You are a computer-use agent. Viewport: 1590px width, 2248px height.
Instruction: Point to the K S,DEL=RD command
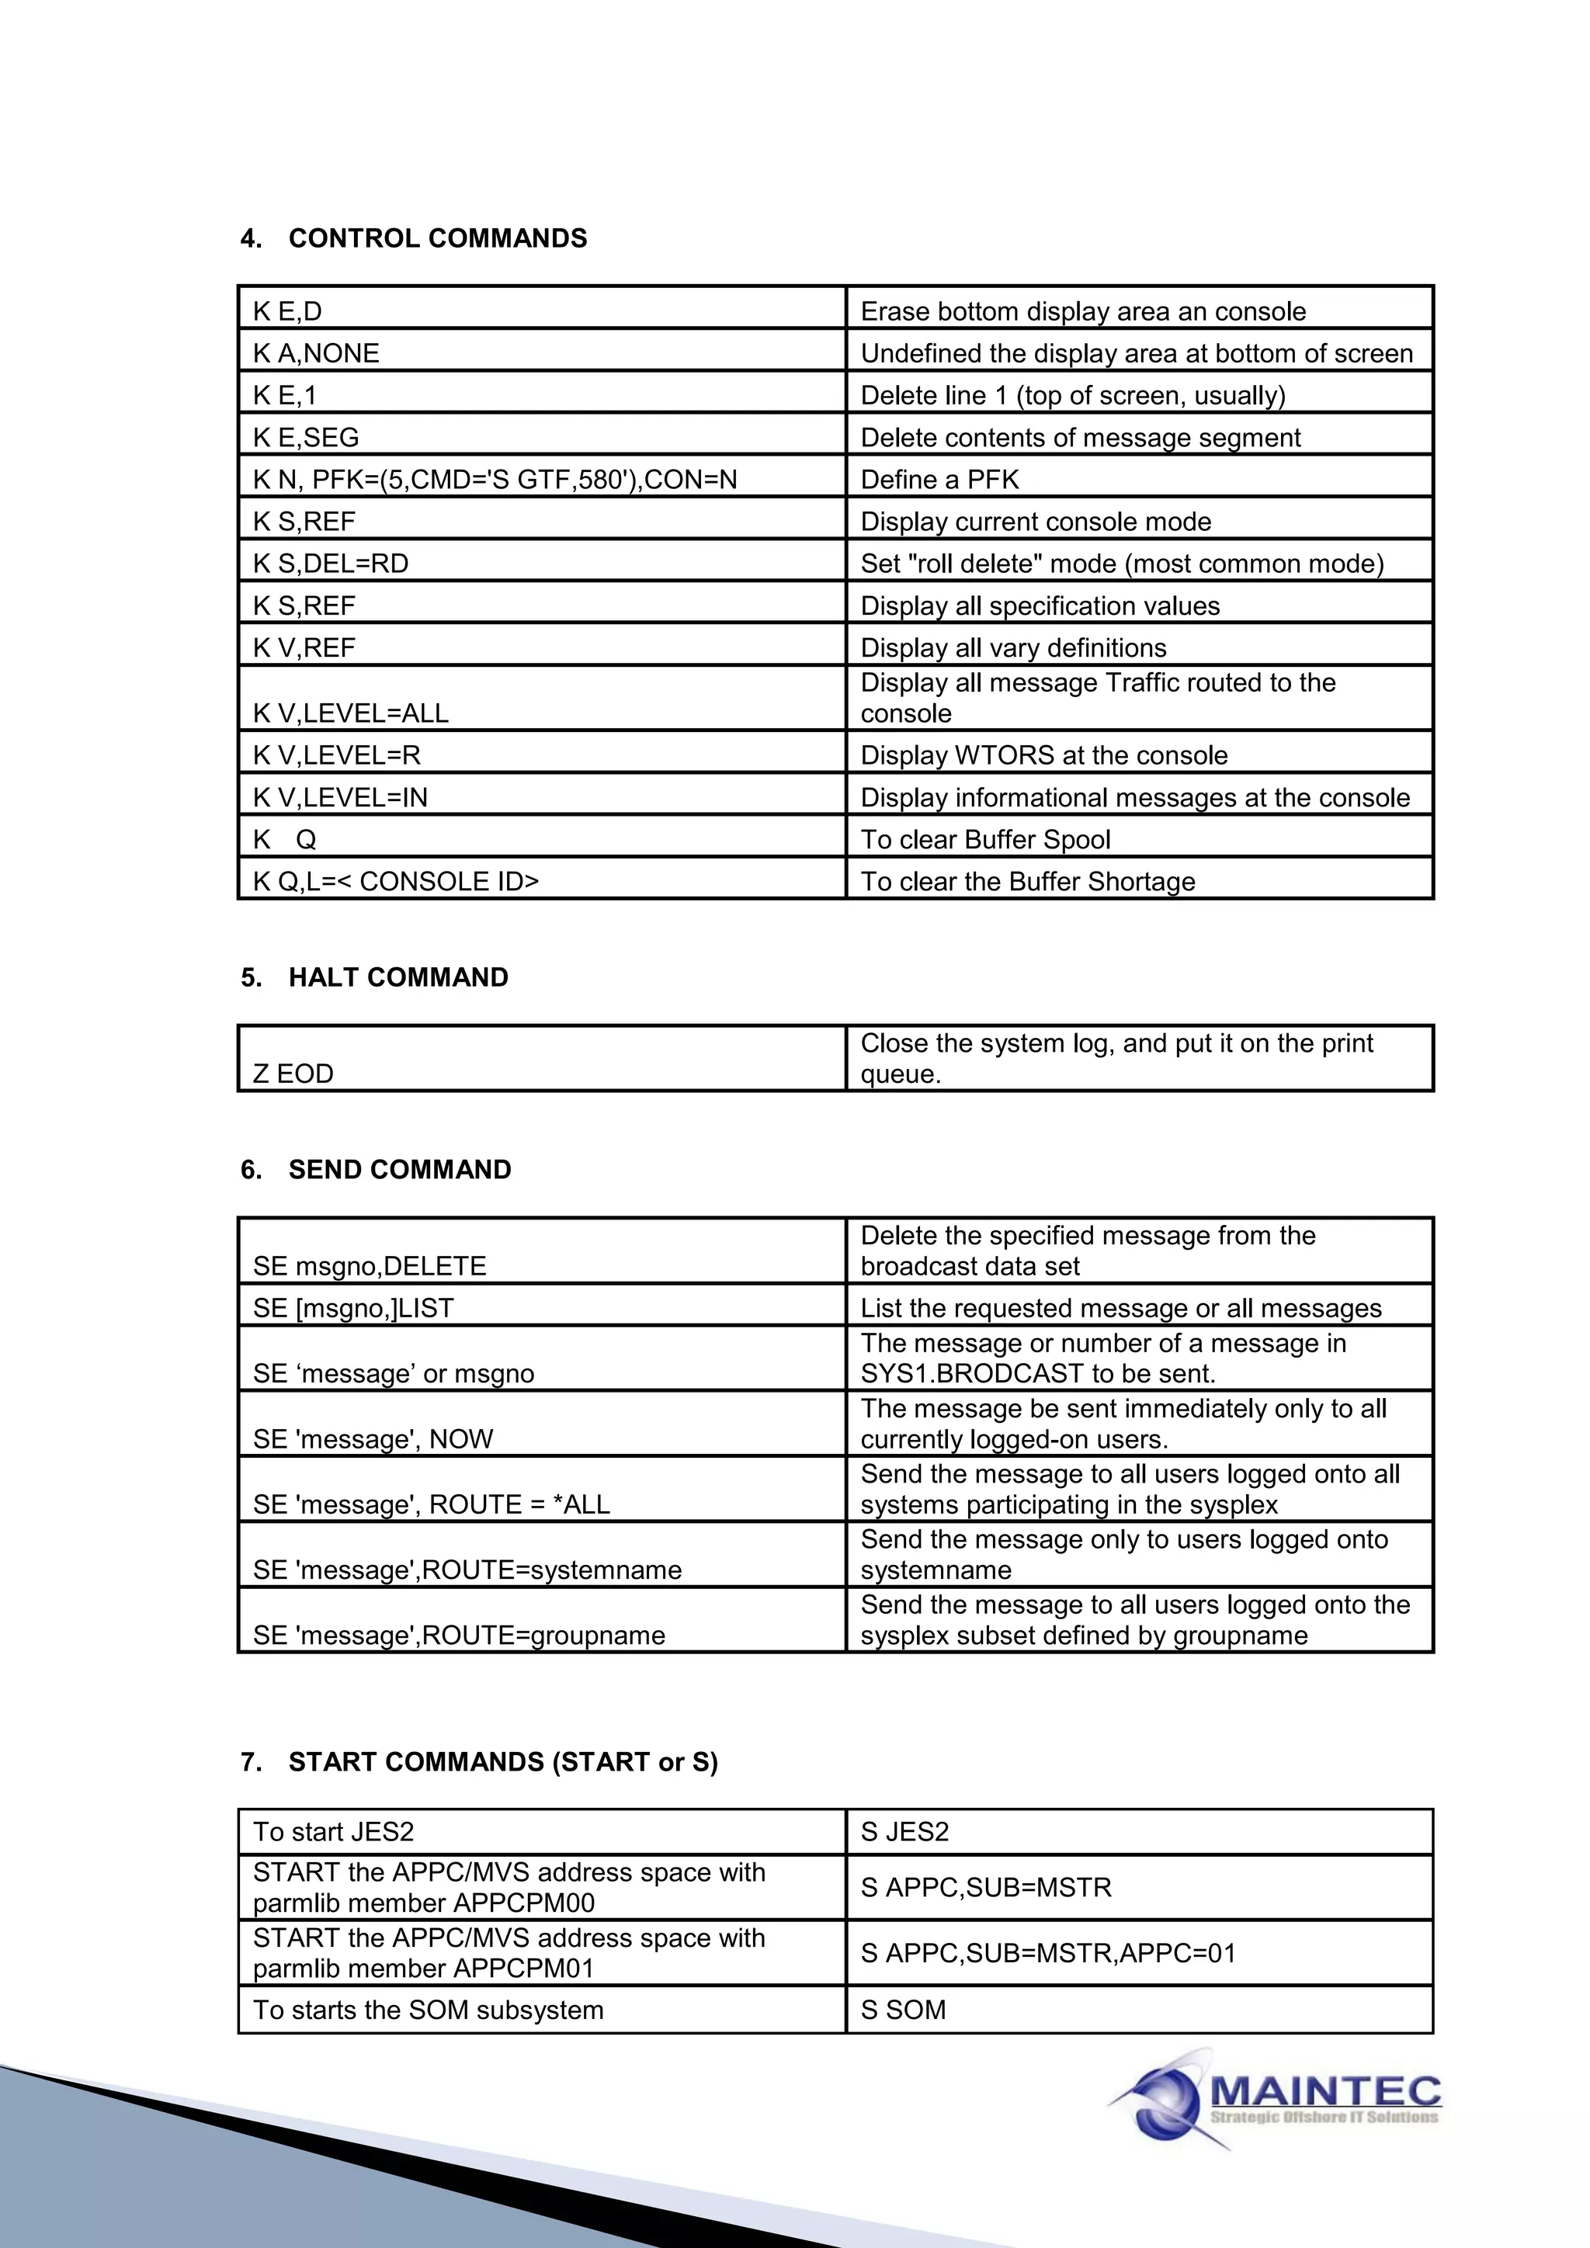click(x=330, y=563)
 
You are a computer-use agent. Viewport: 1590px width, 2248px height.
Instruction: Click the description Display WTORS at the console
click(x=1043, y=755)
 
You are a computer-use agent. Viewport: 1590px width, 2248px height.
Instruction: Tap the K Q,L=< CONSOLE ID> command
click(x=395, y=880)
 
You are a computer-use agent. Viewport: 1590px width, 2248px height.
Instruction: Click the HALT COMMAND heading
click(x=397, y=977)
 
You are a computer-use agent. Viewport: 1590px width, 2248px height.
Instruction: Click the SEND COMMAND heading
click(x=400, y=1169)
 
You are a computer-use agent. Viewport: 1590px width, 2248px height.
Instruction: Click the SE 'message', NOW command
click(x=373, y=1438)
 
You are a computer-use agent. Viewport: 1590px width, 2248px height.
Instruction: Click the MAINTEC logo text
click(x=1326, y=2091)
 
